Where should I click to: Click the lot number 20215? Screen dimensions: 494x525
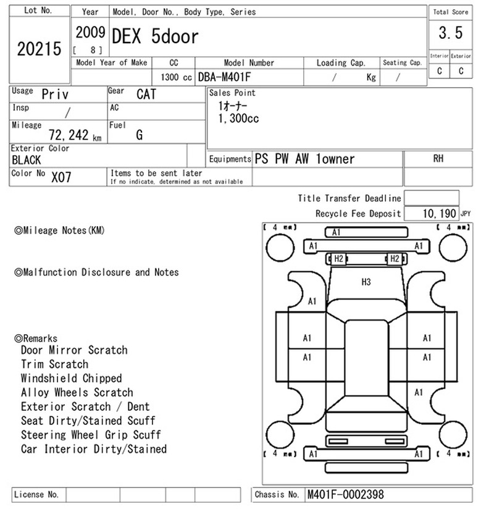pyautogui.click(x=39, y=49)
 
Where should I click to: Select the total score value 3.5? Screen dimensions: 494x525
pyautogui.click(x=451, y=33)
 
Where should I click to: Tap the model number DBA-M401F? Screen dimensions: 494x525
pyautogui.click(x=224, y=77)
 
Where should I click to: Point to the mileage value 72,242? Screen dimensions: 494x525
pyautogui.click(x=69, y=135)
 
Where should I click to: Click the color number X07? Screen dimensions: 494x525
pyautogui.click(x=61, y=177)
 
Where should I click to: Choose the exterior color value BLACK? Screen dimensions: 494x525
pyautogui.click(x=26, y=160)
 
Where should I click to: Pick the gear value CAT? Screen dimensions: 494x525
pyautogui.click(x=146, y=94)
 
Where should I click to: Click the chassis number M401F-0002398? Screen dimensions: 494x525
pyautogui.click(x=345, y=494)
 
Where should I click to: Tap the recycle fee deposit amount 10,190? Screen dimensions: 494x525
pyautogui.click(x=440, y=213)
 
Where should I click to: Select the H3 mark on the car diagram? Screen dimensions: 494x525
pyautogui.click(x=366, y=282)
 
